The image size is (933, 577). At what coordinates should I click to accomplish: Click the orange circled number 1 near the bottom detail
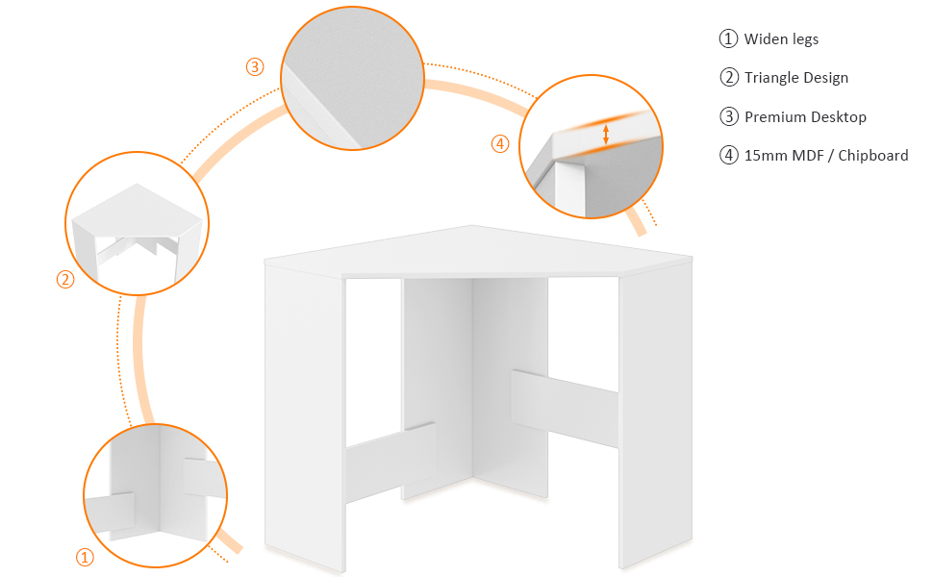point(85,558)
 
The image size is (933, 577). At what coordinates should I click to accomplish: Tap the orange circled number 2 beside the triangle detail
point(65,280)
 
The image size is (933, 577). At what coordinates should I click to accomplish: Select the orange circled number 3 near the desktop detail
point(255,66)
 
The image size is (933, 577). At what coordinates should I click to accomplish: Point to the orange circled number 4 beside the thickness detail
point(500,144)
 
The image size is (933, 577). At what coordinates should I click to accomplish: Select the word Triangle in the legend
point(771,78)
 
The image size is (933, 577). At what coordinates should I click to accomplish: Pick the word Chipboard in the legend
point(873,156)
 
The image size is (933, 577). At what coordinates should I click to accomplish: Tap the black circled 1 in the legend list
point(728,38)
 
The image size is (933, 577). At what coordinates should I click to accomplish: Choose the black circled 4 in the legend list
point(728,155)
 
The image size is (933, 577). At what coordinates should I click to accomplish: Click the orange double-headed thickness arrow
point(606,134)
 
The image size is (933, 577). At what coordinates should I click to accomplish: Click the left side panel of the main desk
point(305,416)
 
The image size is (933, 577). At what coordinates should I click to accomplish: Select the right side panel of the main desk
point(656,416)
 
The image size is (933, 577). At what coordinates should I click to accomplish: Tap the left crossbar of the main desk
point(391,463)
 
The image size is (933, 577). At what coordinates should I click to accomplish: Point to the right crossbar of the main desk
point(564,408)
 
